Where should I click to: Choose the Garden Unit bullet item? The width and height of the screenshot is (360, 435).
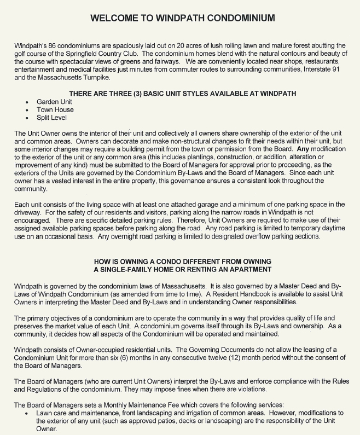tap(54, 102)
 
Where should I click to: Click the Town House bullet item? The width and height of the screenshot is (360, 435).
tap(55, 109)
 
